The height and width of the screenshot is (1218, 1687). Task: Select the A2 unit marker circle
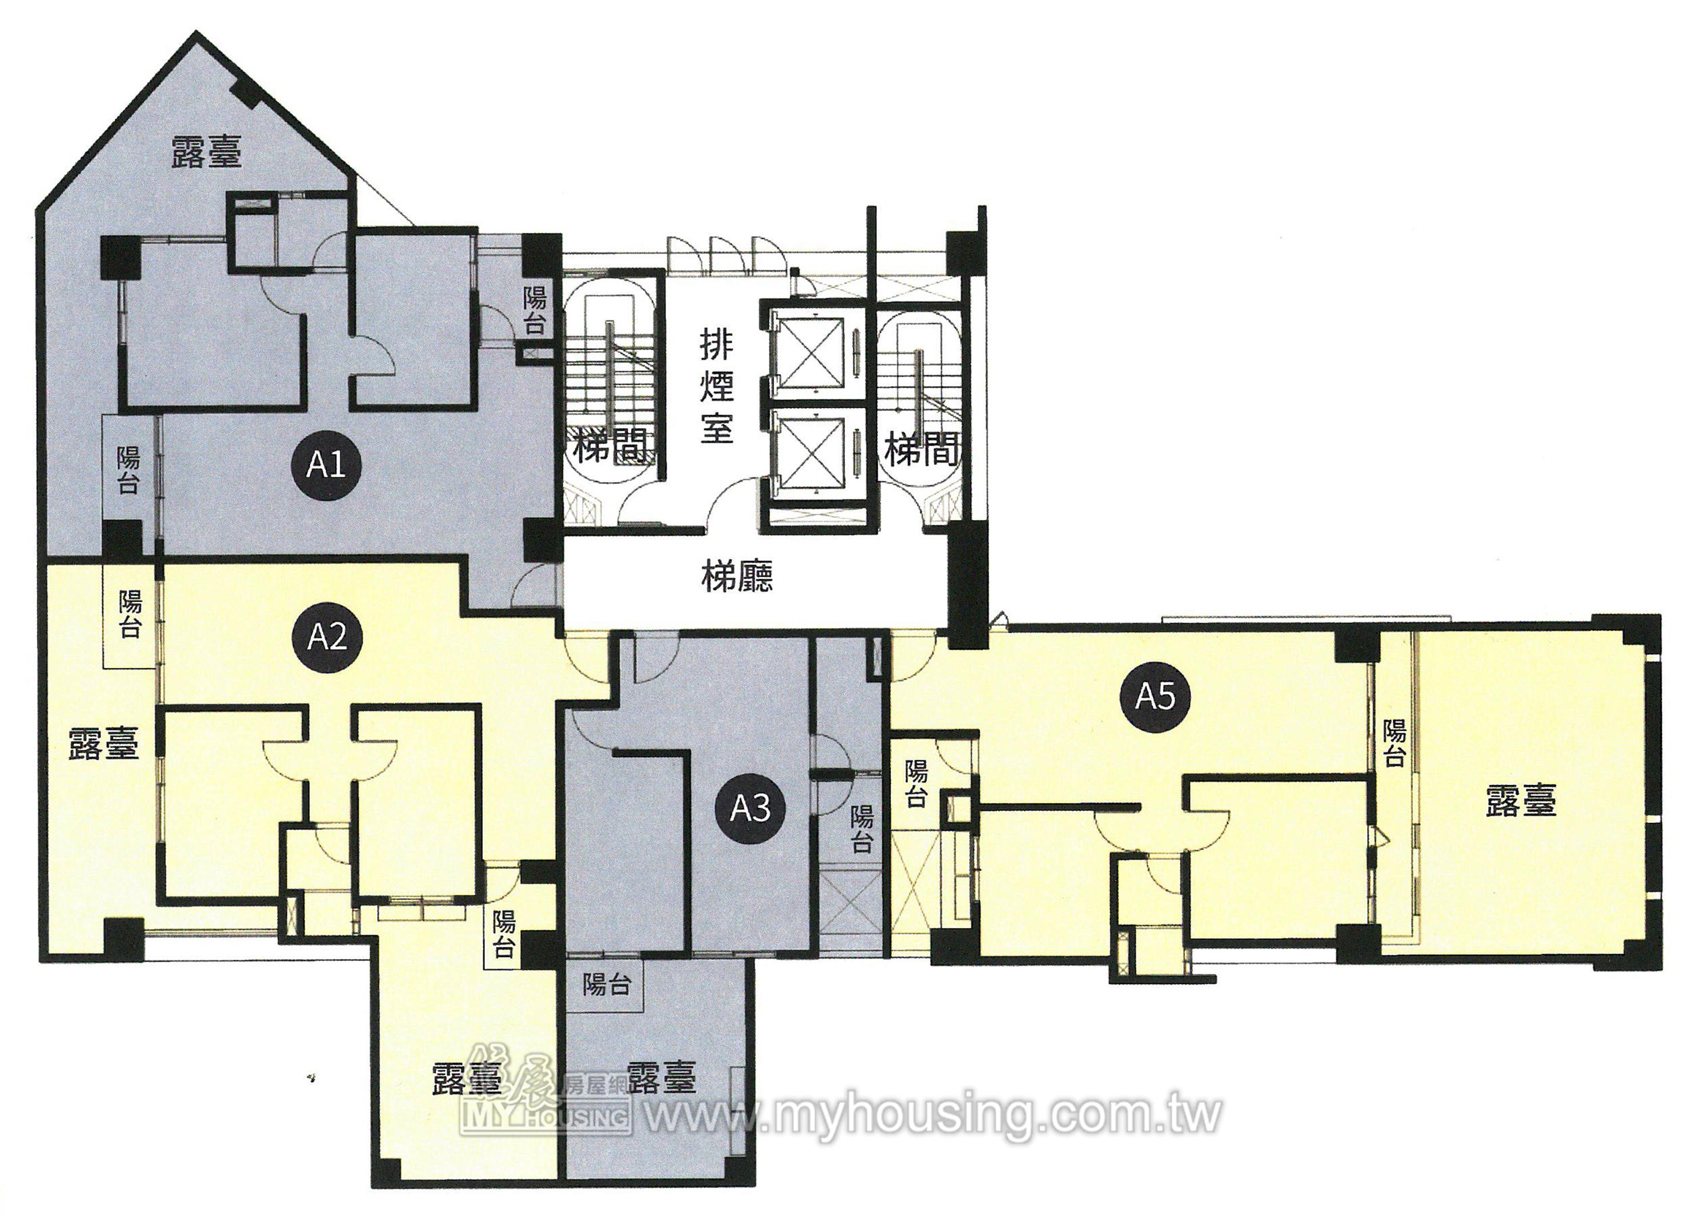pyautogui.click(x=327, y=637)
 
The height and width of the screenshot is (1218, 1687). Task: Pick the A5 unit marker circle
pyautogui.click(x=1155, y=697)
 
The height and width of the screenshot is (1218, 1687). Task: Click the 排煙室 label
pyautogui.click(x=716, y=387)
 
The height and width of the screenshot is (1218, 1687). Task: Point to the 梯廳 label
pyautogui.click(x=737, y=576)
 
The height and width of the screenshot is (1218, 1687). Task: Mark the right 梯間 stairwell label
pyautogui.click(x=921, y=450)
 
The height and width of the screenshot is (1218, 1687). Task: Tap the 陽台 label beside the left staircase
pyautogui.click(x=535, y=311)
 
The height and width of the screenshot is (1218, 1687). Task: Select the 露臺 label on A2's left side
pyautogui.click(x=104, y=743)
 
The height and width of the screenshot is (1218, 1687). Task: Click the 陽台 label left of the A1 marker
pyautogui.click(x=128, y=470)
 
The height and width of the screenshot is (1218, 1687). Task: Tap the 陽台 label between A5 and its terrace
pyautogui.click(x=1395, y=743)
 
